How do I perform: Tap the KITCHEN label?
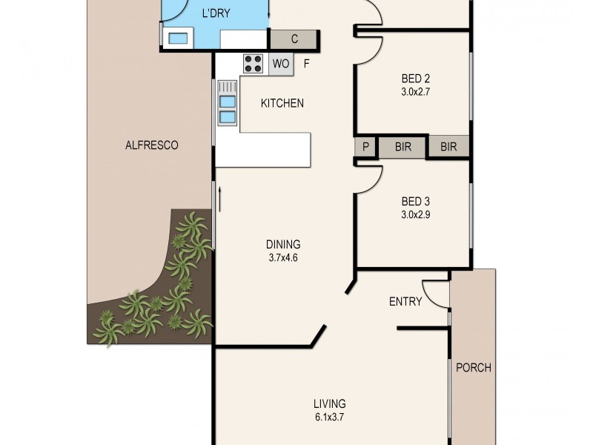[282, 103]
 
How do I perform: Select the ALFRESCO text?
[152, 145]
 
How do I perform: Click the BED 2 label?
[416, 79]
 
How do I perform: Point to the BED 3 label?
[416, 201]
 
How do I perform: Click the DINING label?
[283, 245]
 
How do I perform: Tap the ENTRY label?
[405, 301]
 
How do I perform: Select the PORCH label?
[473, 367]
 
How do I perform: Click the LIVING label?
[330, 403]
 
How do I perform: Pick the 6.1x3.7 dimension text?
[330, 418]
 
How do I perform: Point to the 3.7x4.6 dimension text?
[283, 258]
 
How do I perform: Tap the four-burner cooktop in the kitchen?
[253, 63]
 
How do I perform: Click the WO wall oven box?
[280, 64]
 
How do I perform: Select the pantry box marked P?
[365, 147]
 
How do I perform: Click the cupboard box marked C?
[294, 39]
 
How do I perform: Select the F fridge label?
[306, 64]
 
